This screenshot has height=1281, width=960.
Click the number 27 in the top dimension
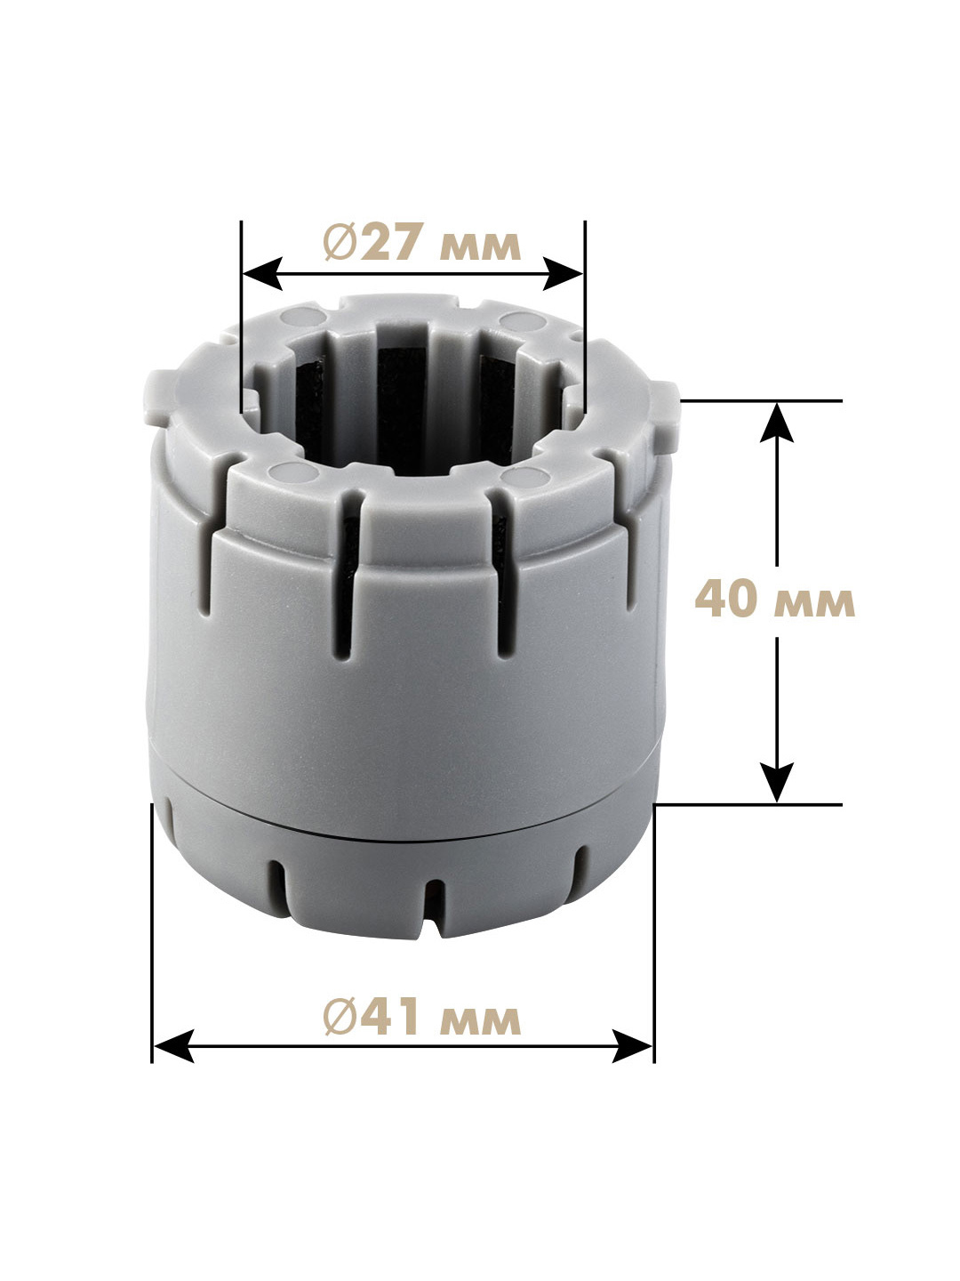click(387, 242)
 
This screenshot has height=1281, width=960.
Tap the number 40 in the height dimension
click(725, 599)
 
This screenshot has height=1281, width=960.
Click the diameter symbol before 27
click(340, 242)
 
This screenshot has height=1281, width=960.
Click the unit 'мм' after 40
click(814, 603)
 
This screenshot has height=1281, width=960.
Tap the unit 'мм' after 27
click(480, 247)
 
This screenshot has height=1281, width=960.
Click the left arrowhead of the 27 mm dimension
click(262, 273)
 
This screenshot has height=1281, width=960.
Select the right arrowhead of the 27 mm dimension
click(563, 273)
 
